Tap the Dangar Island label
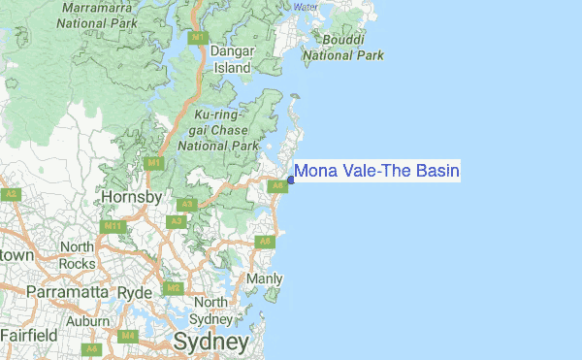coord(233,60)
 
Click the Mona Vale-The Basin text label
coord(376,172)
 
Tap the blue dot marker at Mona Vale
coord(291,180)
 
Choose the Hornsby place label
coord(131,198)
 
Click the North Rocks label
coord(77,255)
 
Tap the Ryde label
coord(136,292)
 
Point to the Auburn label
coord(87,321)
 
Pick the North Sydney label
coord(210,311)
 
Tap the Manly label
coord(264,279)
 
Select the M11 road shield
coord(113,226)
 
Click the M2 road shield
coord(173,288)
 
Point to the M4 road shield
coord(127,336)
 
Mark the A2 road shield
coord(11,194)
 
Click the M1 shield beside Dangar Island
coord(198,38)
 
